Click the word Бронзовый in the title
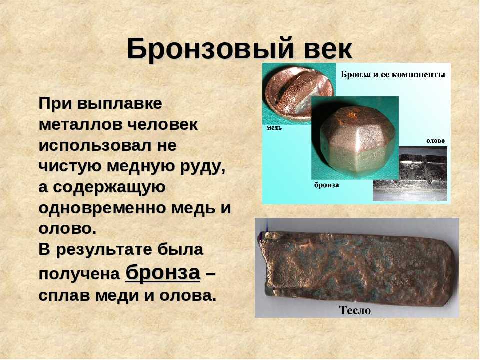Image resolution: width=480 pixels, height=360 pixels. (x=210, y=49)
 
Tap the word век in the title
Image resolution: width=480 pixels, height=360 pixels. (x=328, y=49)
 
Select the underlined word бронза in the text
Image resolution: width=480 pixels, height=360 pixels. (x=163, y=273)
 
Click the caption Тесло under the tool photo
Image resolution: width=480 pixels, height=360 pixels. (x=355, y=310)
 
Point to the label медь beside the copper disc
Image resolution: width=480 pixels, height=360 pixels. (x=274, y=128)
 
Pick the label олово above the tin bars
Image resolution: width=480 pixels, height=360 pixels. (x=435, y=141)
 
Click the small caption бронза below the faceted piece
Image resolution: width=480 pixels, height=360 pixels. (x=327, y=185)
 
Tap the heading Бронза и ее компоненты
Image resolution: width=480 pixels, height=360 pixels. (x=393, y=74)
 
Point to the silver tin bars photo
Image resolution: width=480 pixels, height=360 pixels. (x=410, y=174)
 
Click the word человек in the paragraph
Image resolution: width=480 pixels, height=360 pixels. (x=162, y=125)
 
